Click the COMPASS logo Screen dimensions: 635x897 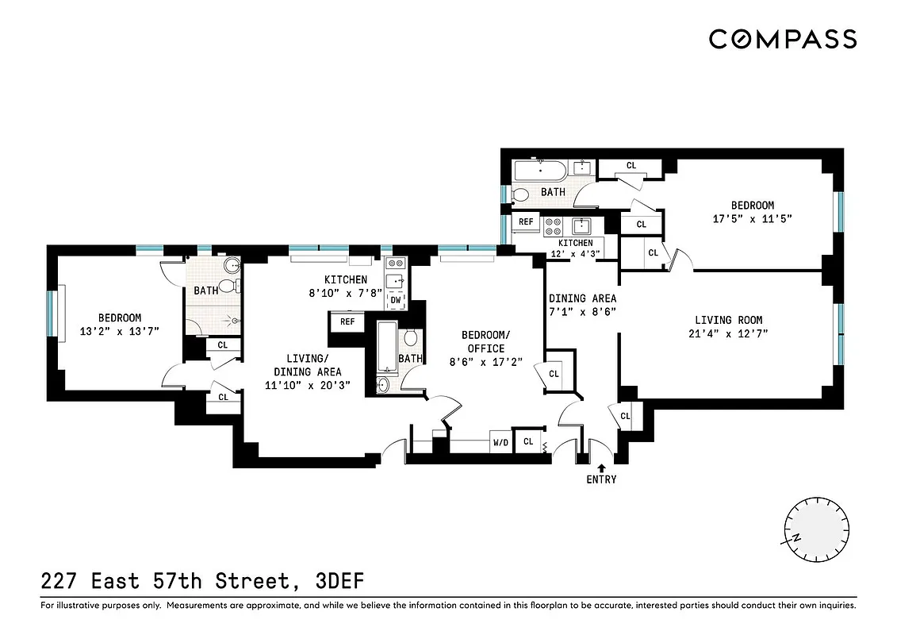(782, 39)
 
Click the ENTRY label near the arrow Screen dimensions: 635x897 (601, 479)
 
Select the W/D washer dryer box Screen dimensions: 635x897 (500, 443)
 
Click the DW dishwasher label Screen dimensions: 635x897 (395, 300)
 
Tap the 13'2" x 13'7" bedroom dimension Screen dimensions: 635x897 (119, 332)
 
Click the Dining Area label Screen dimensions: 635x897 (582, 298)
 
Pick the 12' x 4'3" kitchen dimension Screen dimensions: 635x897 (575, 254)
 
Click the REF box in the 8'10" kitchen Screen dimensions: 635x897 (347, 321)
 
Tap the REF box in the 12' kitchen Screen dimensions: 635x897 (526, 222)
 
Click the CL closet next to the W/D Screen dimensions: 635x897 (527, 442)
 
